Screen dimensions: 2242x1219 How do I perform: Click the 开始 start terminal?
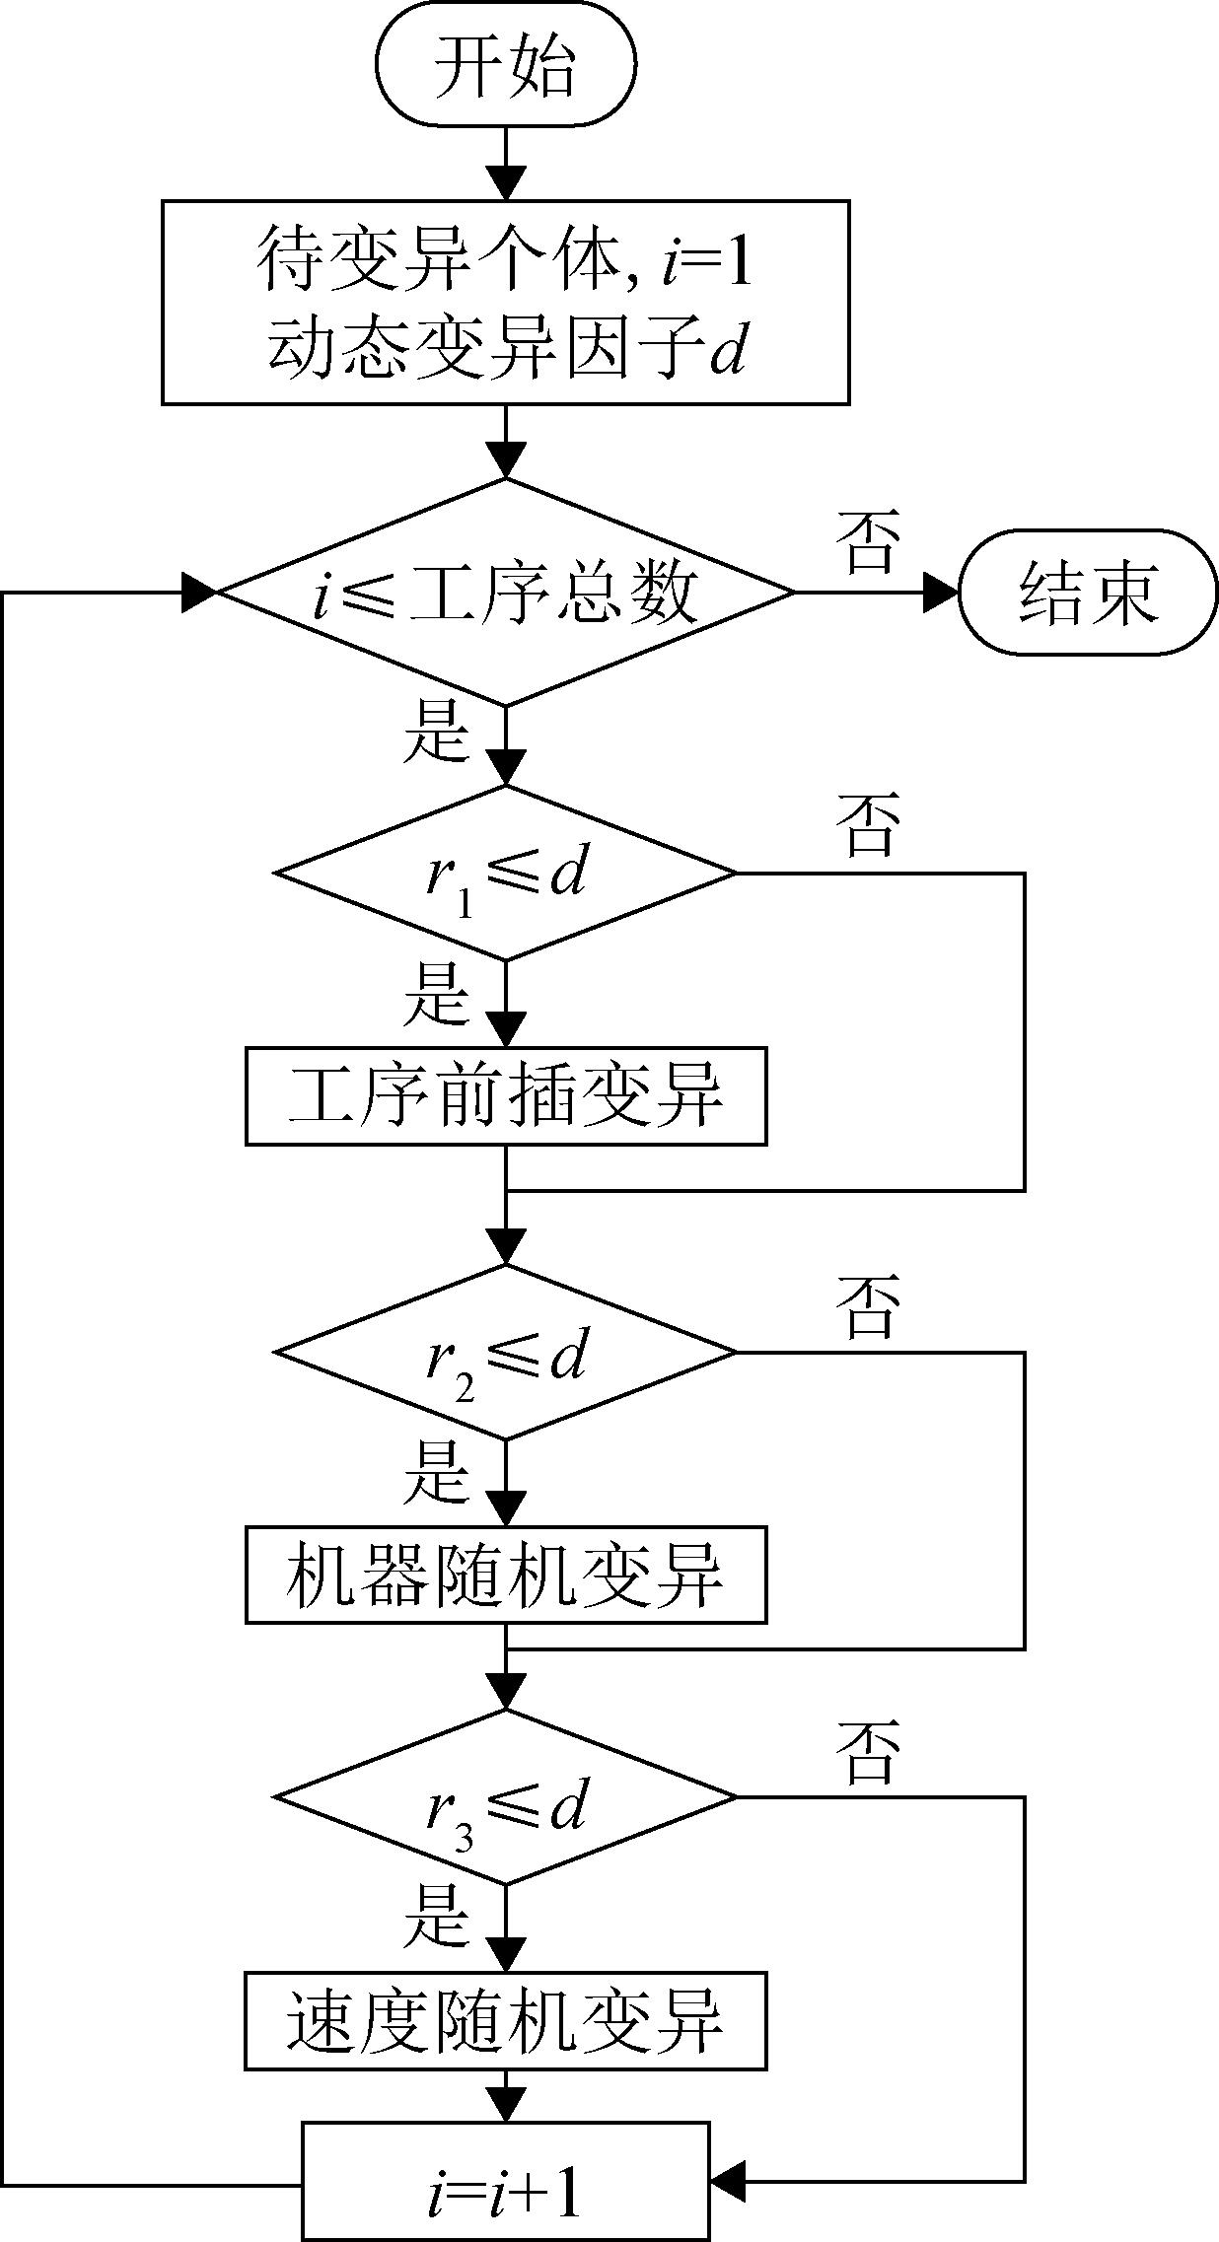coord(505,64)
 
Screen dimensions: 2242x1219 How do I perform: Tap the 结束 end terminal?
coord(1088,593)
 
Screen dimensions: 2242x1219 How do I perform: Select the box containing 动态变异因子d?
coord(505,302)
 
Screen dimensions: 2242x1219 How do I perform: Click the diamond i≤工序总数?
coord(505,593)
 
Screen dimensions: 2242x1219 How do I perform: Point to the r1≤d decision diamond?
coord(505,873)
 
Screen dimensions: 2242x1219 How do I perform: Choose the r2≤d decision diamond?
coord(505,1352)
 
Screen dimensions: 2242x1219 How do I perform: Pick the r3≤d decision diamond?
coord(505,1796)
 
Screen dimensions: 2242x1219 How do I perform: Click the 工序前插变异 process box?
coord(505,1095)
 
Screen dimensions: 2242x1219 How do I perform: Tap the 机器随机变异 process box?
coord(505,1575)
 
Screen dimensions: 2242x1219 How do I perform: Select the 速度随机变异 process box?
coord(505,2020)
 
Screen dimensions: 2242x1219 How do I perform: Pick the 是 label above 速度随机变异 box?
coord(435,1915)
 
